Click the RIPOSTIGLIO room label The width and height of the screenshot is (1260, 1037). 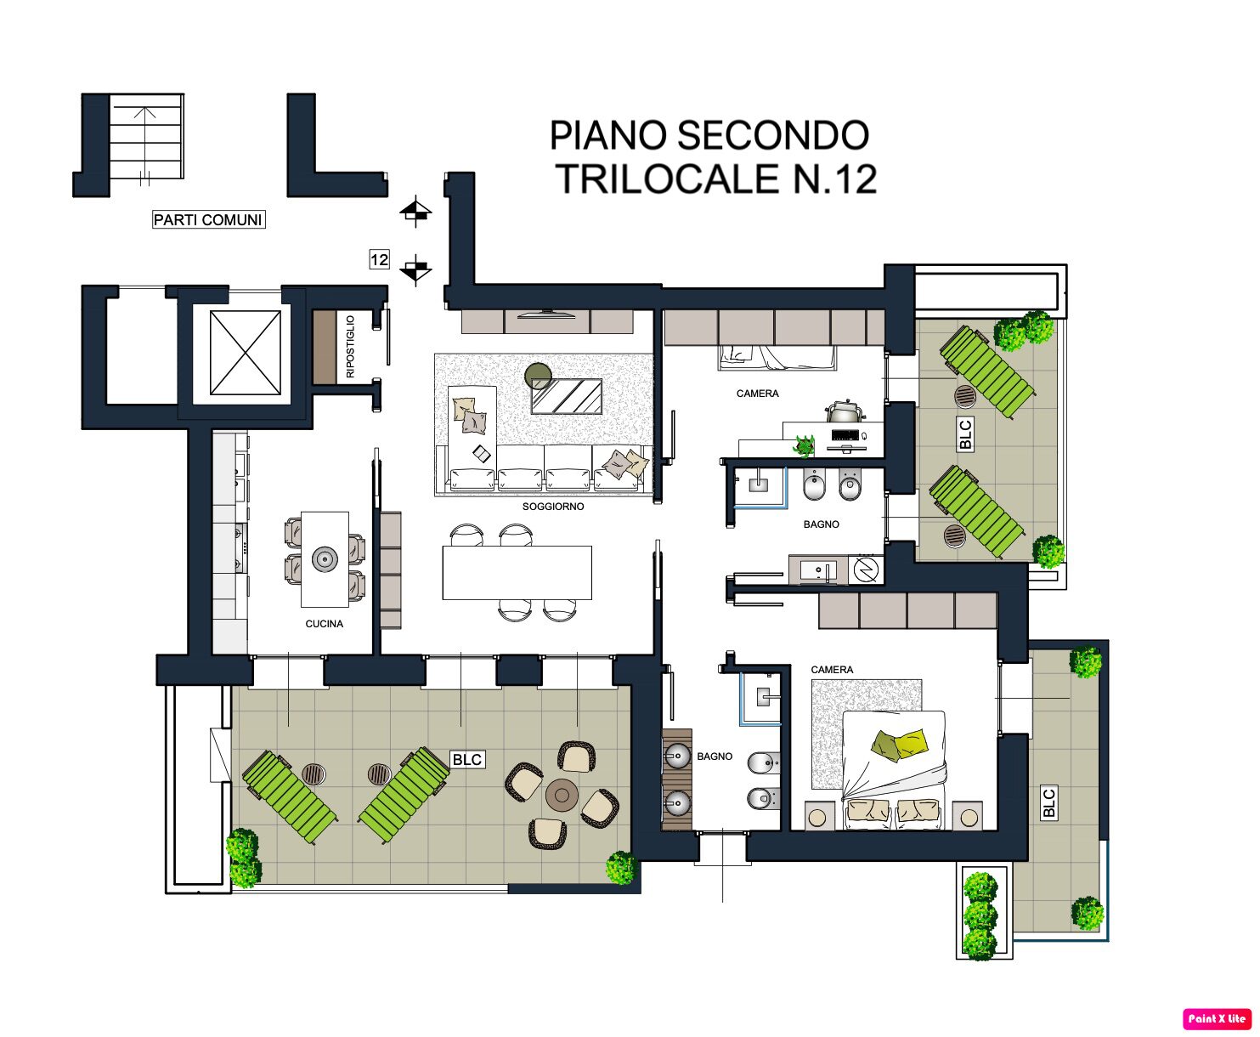[x=350, y=346]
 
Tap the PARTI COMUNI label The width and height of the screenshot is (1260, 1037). [x=208, y=220]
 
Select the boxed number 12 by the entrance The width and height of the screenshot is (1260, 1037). [x=380, y=259]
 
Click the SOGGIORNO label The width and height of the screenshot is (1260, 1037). [x=552, y=507]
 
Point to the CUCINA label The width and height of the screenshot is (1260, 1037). [x=324, y=623]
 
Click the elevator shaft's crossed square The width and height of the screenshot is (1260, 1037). [x=245, y=353]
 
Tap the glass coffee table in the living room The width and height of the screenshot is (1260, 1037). [x=567, y=395]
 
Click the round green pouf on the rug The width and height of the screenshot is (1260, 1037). [x=538, y=376]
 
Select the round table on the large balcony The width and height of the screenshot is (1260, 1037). [x=562, y=795]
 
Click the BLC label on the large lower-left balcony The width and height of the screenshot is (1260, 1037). [x=467, y=760]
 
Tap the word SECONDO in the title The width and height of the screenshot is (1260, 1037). [x=774, y=135]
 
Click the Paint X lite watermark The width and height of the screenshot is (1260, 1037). [x=1217, y=1018]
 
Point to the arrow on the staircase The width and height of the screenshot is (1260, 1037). [x=144, y=144]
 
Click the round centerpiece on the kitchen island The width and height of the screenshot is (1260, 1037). [x=325, y=559]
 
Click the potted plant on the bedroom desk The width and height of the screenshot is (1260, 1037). [x=804, y=445]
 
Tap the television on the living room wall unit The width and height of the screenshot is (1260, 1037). [x=546, y=314]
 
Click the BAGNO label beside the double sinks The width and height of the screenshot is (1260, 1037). [x=714, y=756]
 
